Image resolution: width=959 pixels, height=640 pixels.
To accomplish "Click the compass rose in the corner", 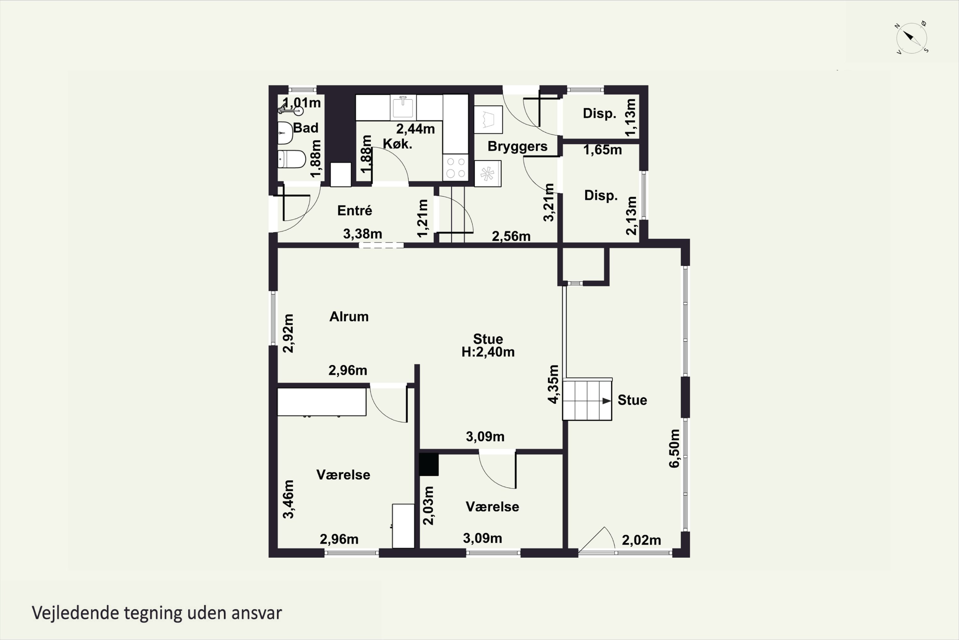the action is click(x=912, y=38).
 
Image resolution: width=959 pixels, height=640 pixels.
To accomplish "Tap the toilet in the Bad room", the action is click(x=292, y=159).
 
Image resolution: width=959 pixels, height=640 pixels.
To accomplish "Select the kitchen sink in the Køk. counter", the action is click(x=403, y=107).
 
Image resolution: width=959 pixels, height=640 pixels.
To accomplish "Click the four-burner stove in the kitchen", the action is click(x=456, y=167).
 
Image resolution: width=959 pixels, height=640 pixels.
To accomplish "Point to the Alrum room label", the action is click(x=349, y=317).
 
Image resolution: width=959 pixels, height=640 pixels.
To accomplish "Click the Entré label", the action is click(x=355, y=211).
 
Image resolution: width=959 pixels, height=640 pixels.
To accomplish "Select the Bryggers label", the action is click(x=518, y=147).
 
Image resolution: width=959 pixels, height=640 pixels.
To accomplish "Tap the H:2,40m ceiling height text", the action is click(x=488, y=352).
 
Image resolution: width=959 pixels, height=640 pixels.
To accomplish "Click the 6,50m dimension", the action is click(x=675, y=448).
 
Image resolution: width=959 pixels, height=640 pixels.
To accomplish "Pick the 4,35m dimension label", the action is click(x=553, y=384).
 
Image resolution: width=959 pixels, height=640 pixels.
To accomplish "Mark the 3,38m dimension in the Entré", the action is click(x=363, y=234).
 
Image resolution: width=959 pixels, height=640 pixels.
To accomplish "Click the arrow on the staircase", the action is click(x=607, y=401).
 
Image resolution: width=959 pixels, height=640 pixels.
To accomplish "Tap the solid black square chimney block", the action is click(x=429, y=465).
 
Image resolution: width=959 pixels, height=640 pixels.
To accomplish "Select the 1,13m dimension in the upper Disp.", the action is click(x=630, y=117).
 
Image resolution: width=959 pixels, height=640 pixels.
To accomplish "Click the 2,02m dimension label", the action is click(x=641, y=540).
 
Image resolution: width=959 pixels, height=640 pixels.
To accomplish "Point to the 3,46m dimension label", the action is click(x=288, y=499).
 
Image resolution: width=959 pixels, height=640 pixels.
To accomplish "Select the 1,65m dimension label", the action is click(x=603, y=150).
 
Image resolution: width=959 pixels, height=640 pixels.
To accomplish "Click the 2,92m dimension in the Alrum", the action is click(x=288, y=333).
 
